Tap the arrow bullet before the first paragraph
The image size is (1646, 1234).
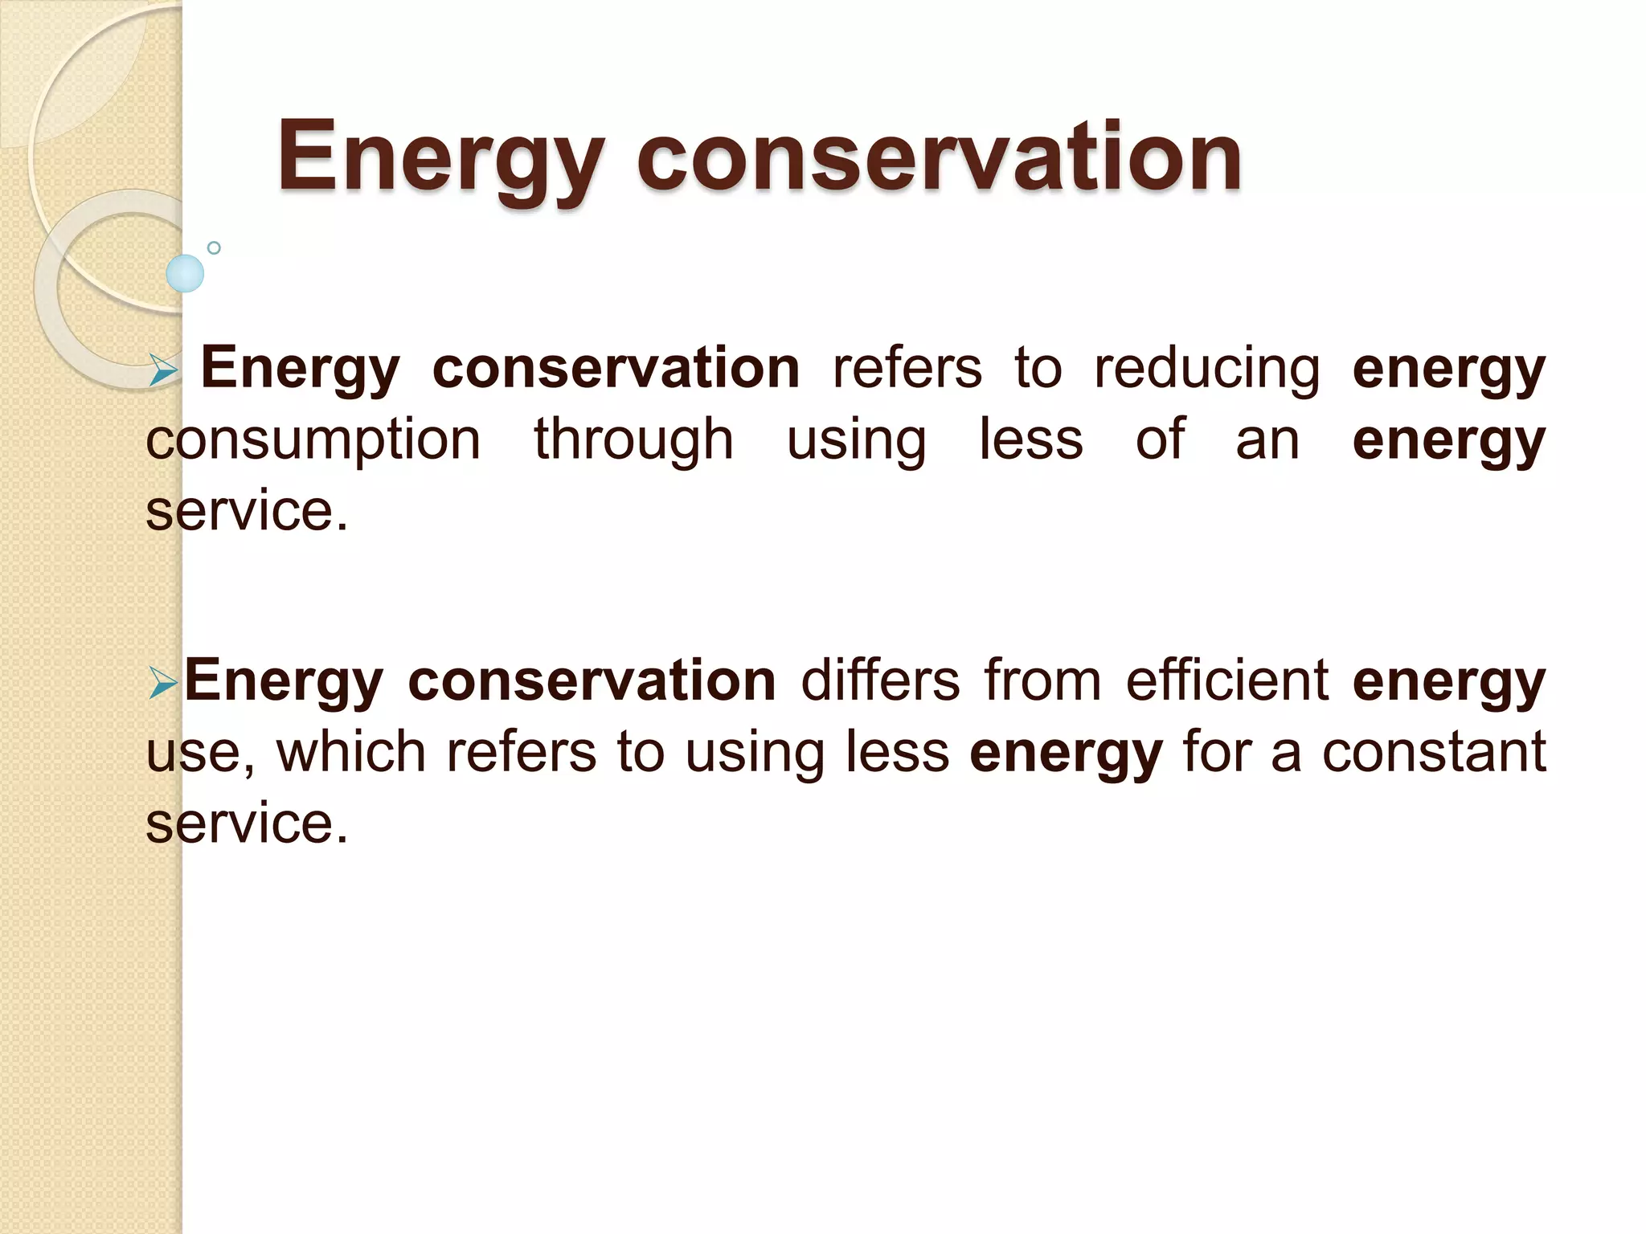[163, 370]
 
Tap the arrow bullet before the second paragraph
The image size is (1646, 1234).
[163, 684]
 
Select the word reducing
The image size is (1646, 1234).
[1207, 370]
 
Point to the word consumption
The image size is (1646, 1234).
[313, 440]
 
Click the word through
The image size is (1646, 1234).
[634, 440]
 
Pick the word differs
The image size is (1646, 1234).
[880, 681]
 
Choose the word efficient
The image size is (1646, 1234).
[1227, 681]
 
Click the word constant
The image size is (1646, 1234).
[1434, 752]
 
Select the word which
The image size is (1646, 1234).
[351, 752]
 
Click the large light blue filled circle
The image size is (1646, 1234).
[185, 273]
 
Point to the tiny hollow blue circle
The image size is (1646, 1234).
[214, 248]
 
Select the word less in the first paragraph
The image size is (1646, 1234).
[1031, 440]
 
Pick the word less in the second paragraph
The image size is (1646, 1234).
[898, 752]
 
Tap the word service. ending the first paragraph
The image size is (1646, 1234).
[248, 511]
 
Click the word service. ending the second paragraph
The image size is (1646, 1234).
[248, 823]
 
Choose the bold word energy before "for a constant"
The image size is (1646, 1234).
[1066, 754]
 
